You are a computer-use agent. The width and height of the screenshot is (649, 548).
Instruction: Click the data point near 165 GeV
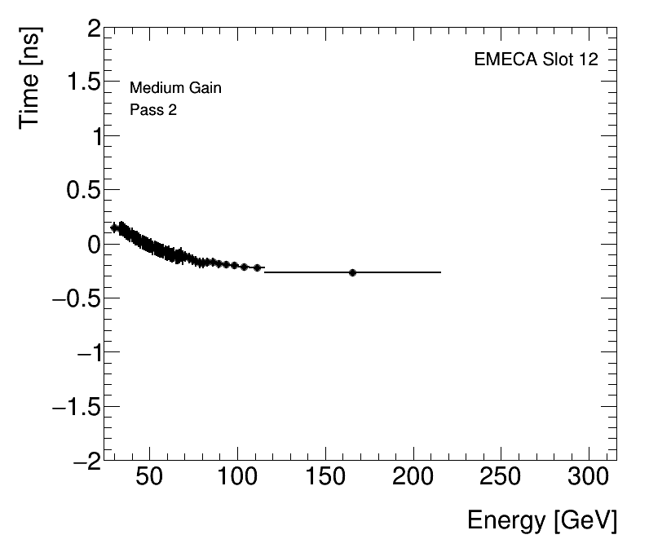pyautogui.click(x=352, y=272)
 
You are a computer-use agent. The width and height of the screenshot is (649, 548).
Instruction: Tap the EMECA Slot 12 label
pyautogui.click(x=536, y=60)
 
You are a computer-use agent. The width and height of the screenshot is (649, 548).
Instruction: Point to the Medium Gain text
pyautogui.click(x=175, y=88)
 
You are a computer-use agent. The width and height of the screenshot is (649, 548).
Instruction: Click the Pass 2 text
pyautogui.click(x=153, y=110)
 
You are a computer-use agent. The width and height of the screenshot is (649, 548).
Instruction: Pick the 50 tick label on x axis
pyautogui.click(x=149, y=478)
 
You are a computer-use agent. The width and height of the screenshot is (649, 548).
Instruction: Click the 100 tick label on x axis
pyautogui.click(x=237, y=478)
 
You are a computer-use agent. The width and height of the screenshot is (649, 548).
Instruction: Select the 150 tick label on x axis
pyautogui.click(x=325, y=478)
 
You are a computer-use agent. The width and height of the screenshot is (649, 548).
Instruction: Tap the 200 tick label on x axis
pyautogui.click(x=413, y=478)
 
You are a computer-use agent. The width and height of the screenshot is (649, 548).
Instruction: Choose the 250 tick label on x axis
pyautogui.click(x=501, y=478)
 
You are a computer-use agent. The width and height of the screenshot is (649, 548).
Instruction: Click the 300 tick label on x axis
pyautogui.click(x=589, y=478)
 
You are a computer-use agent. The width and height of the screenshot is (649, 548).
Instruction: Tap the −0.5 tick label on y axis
pyautogui.click(x=75, y=298)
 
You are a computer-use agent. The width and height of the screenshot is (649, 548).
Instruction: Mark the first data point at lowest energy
pyautogui.click(x=114, y=228)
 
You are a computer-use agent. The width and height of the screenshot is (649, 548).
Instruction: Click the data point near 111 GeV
pyautogui.click(x=257, y=267)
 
